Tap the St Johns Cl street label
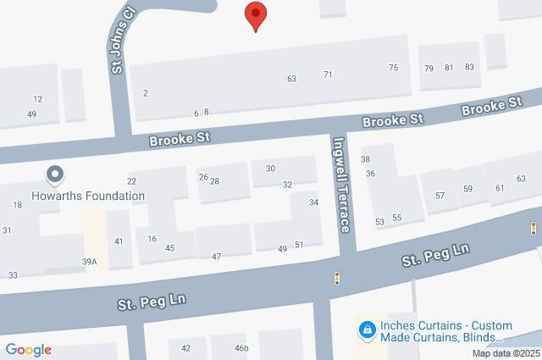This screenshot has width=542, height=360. click(117, 40)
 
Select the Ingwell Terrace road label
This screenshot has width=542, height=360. click(341, 185)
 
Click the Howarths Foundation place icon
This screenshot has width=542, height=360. click(56, 175)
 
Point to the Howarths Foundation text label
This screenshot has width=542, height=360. click(90, 195)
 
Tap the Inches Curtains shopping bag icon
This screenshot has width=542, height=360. click(367, 328)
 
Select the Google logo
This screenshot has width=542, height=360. click(28, 350)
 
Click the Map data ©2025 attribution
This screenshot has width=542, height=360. click(506, 353)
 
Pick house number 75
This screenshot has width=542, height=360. click(393, 68)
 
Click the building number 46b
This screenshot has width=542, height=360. click(241, 348)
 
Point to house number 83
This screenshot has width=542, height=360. click(470, 68)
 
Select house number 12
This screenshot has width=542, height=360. click(38, 99)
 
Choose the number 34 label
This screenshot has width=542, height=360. click(313, 202)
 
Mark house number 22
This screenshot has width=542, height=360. click(131, 181)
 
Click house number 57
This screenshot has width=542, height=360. click(440, 196)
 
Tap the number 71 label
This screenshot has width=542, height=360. click(328, 75)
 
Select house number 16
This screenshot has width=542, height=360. click(152, 239)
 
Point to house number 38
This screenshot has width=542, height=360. click(366, 159)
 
